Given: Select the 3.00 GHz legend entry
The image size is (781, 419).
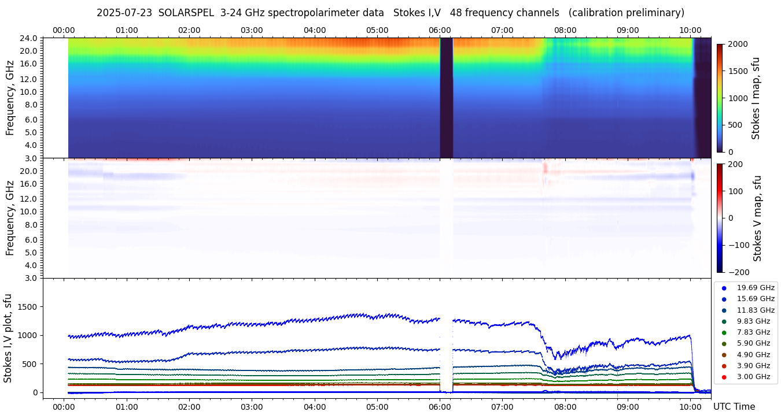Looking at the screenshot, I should click(x=753, y=377).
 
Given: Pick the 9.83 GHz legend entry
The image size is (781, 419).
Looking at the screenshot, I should click(x=753, y=321).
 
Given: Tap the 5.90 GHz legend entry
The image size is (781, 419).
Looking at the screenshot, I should click(x=753, y=343).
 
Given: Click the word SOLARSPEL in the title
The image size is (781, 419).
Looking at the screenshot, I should click(x=186, y=13).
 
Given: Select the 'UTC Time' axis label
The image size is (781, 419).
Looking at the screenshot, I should click(x=734, y=407).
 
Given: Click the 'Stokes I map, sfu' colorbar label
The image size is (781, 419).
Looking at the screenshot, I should click(x=756, y=98).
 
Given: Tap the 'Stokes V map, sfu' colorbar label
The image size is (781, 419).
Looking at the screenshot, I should click(x=757, y=218).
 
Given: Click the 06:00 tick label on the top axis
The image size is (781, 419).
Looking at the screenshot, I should click(x=440, y=30).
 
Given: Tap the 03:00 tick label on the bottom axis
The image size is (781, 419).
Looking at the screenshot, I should click(x=252, y=407).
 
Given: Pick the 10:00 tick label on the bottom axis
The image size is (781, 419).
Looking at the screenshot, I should click(x=690, y=407).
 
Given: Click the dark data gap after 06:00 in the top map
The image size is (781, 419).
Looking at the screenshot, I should click(x=446, y=98).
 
